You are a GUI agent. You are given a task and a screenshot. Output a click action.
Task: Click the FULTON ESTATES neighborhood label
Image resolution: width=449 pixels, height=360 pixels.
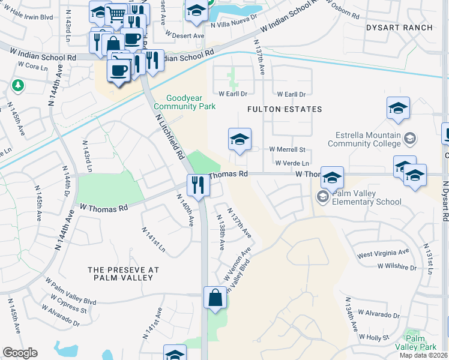(285, 109)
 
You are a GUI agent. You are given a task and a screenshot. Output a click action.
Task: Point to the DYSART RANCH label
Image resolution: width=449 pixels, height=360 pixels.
(399, 28)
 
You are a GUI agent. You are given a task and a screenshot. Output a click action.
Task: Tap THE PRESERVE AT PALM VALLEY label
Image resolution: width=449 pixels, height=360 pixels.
(123, 274)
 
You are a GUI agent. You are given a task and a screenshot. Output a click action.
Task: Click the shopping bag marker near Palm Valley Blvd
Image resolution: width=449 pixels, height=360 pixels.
(215, 298)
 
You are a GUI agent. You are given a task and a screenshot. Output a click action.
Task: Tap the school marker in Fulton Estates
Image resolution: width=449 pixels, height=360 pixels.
(240, 140)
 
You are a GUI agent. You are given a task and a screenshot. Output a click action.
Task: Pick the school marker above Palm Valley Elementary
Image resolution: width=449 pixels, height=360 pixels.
(332, 178)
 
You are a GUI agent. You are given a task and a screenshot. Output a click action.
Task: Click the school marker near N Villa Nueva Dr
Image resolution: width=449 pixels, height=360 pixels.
(196, 11)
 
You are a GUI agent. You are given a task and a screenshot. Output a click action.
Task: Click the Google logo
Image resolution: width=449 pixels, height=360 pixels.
(20, 353)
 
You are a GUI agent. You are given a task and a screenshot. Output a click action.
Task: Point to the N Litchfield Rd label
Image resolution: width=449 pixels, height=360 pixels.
(170, 137)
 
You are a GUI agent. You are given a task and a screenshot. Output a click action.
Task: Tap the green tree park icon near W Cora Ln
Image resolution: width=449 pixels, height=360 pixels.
(18, 86)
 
